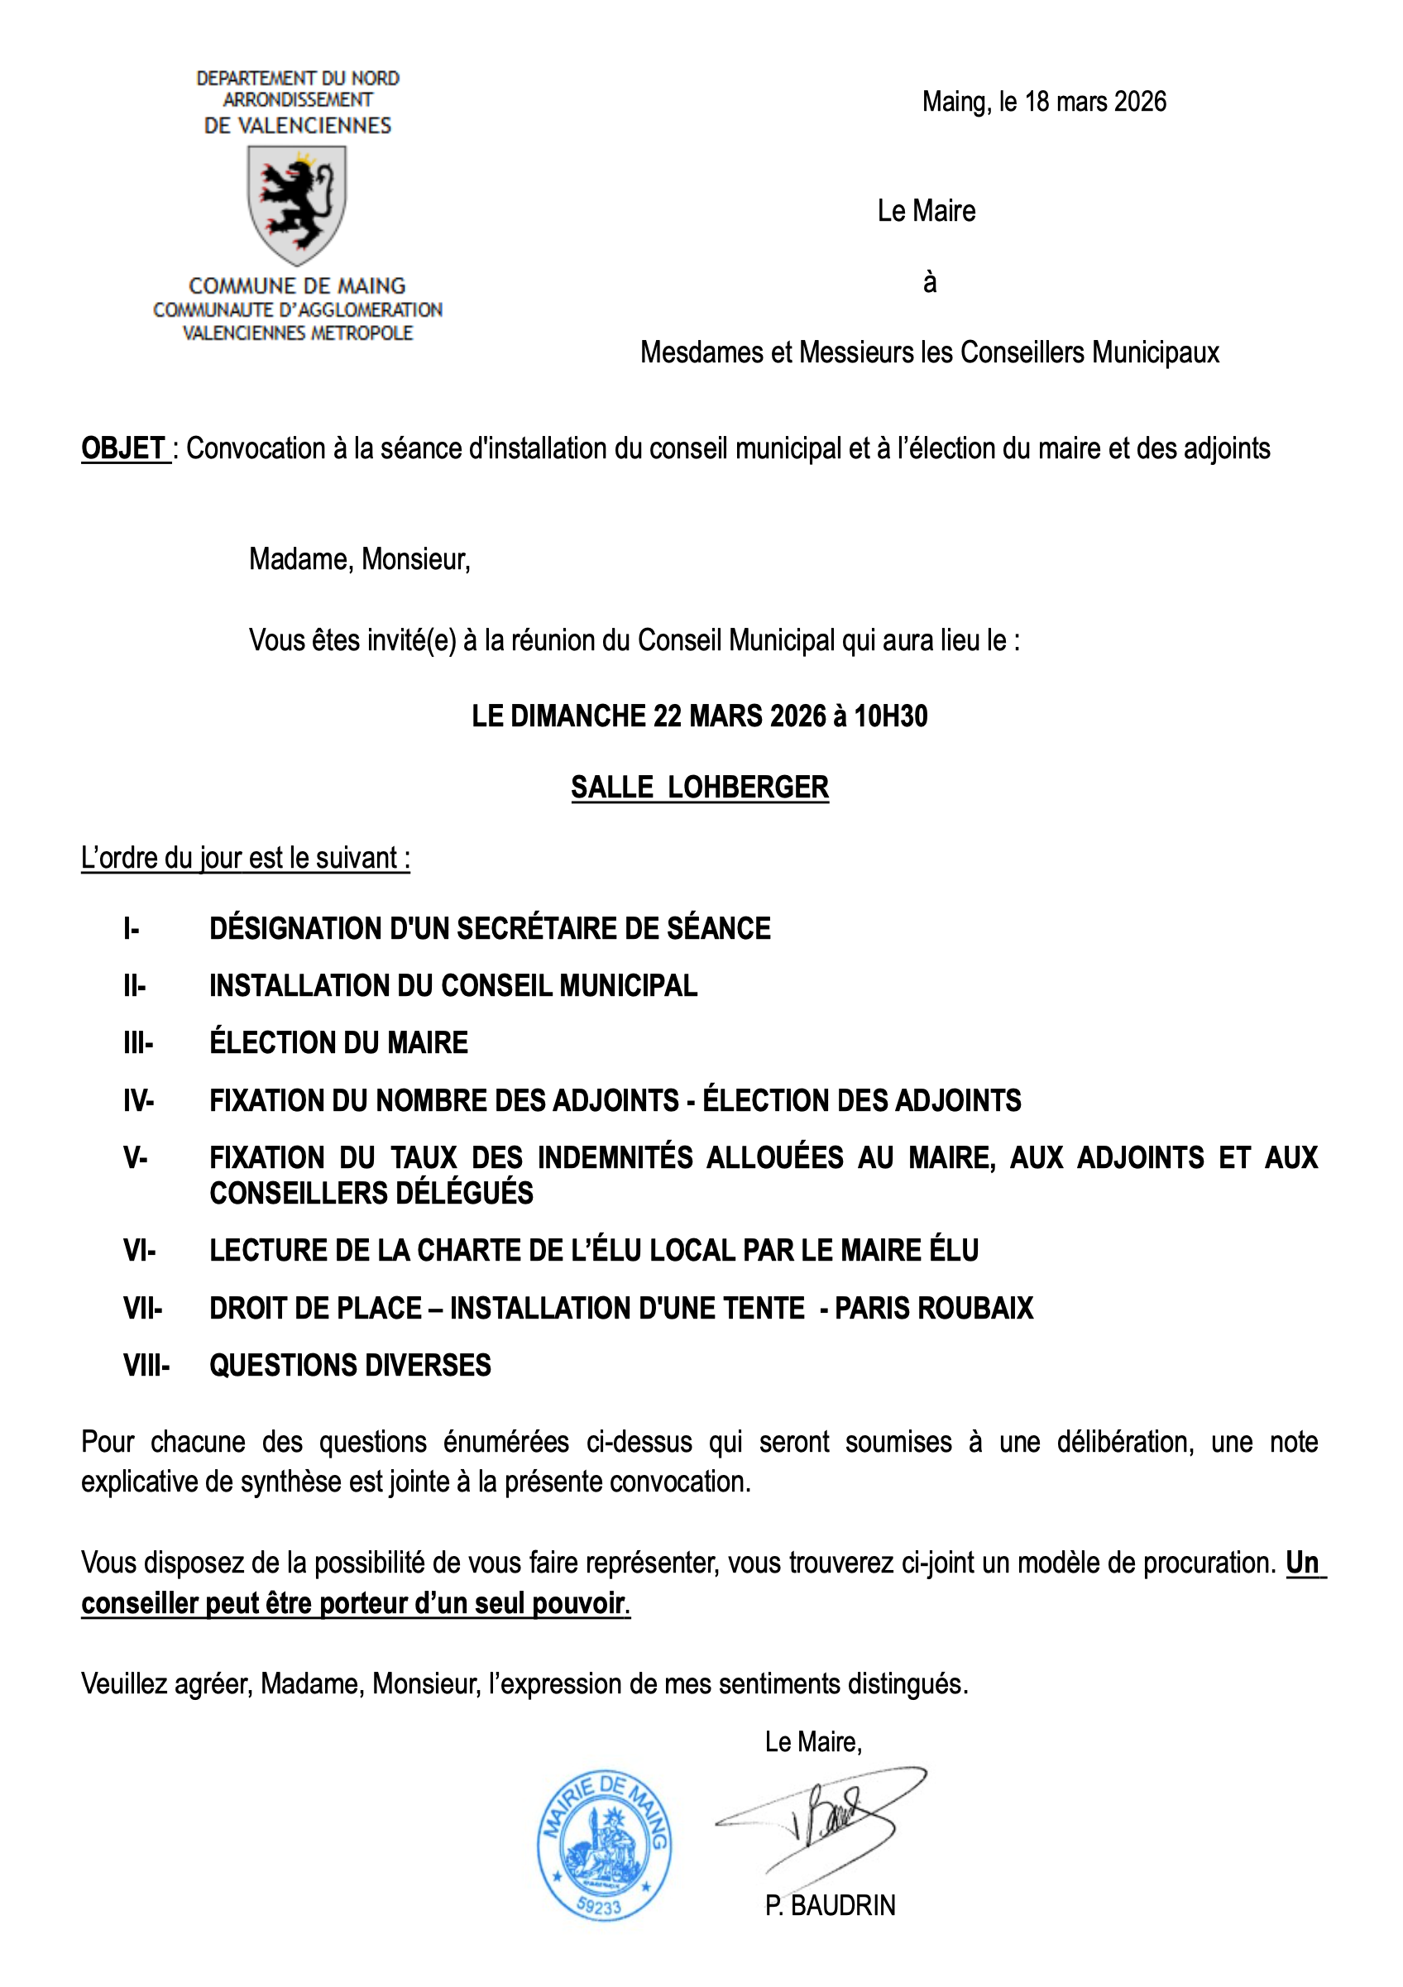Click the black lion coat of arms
point(297,204)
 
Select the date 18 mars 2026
point(1095,102)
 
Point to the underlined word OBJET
point(124,448)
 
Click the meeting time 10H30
point(891,716)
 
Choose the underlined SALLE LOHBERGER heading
point(699,788)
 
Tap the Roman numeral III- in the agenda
point(137,1043)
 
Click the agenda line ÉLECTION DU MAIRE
point(338,1043)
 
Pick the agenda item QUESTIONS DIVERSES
point(350,1366)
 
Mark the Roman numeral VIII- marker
point(146,1366)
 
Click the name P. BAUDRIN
point(830,1906)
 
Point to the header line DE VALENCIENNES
point(297,126)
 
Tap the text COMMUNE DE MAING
point(297,285)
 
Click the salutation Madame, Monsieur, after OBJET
point(359,560)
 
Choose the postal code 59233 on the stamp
point(599,1907)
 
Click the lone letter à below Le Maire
point(930,282)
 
